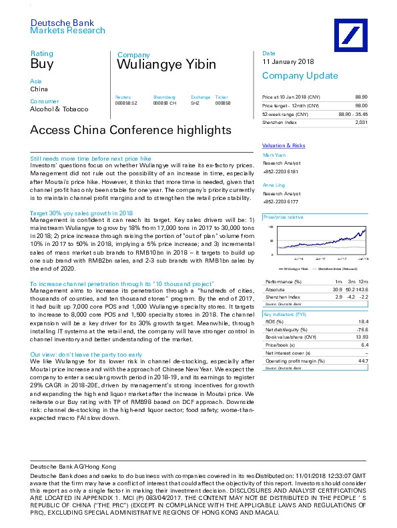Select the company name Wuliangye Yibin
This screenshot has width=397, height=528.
[x=166, y=65]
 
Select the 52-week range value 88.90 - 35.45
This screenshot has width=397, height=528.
[x=354, y=115]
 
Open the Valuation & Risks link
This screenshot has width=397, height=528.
[x=284, y=145]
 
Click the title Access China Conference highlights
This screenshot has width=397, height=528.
[x=131, y=130]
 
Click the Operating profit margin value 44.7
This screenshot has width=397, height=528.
[x=363, y=360]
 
